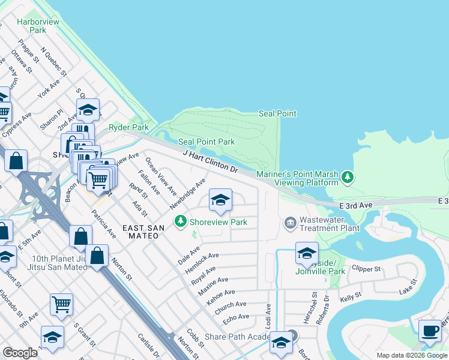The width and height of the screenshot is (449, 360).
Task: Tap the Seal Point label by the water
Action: [x=277, y=113]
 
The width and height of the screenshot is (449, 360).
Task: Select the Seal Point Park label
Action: [x=206, y=142]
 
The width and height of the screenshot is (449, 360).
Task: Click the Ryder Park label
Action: [x=128, y=127]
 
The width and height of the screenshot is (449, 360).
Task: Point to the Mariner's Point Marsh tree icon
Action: [x=347, y=178]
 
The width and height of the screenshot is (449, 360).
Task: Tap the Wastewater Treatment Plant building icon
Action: [x=291, y=223]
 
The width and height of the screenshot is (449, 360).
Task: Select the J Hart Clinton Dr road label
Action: [x=211, y=161]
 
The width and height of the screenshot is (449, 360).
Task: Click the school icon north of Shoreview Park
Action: [x=220, y=200]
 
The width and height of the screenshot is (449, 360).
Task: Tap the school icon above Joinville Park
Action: [x=307, y=253]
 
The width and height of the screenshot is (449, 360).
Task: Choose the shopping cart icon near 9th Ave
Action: [x=61, y=304]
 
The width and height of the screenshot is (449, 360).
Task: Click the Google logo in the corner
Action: [x=20, y=353]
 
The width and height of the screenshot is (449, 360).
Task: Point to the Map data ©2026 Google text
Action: [x=412, y=355]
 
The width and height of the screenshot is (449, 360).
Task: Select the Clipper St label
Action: [x=366, y=268]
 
